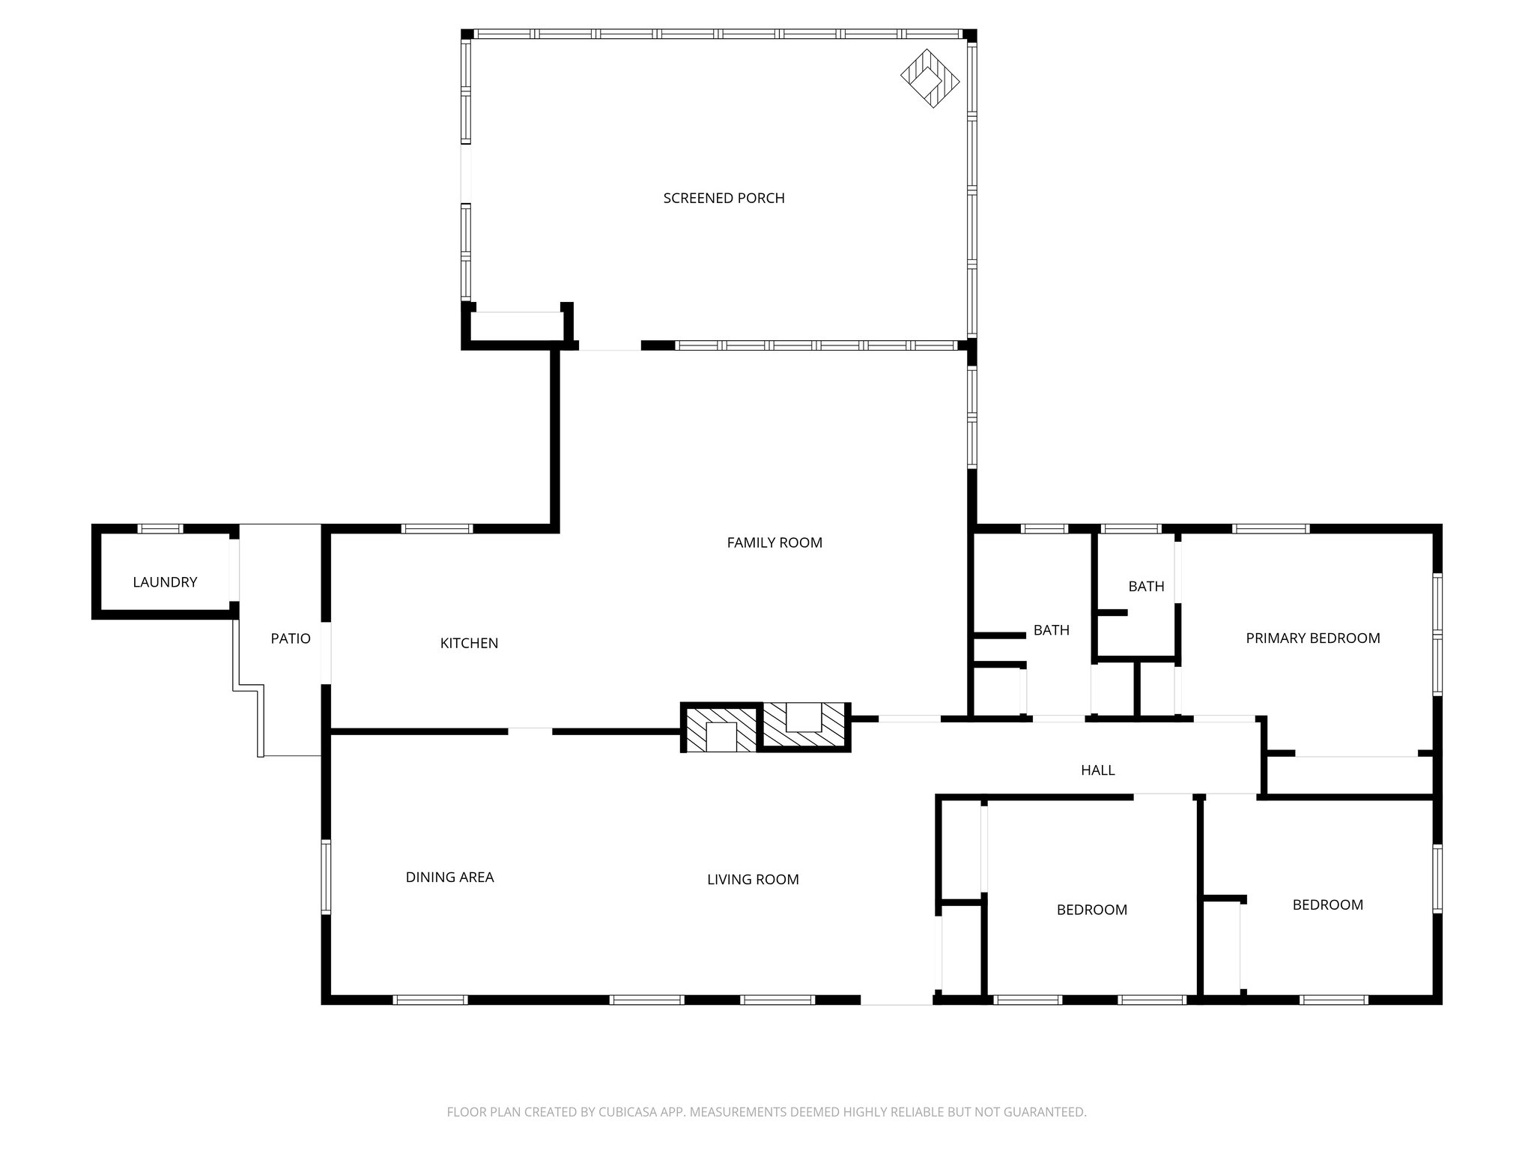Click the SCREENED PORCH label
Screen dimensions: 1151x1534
click(x=724, y=198)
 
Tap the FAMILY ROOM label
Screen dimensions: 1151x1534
click(x=774, y=543)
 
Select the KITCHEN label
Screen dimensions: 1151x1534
click(x=469, y=643)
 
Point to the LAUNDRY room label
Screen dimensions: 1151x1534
click(x=165, y=582)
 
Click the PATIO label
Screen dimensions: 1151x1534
click(x=290, y=638)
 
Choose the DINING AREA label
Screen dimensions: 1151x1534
click(x=449, y=877)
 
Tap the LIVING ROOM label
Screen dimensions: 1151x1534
click(x=753, y=879)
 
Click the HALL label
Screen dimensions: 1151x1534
click(x=1097, y=770)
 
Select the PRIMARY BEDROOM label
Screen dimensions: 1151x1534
click(x=1312, y=638)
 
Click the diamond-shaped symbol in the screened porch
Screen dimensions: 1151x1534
click(x=930, y=78)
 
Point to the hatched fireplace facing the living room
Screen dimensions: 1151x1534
click(x=721, y=729)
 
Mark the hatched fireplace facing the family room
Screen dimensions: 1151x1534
click(x=805, y=724)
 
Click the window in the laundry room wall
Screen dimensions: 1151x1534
click(x=160, y=529)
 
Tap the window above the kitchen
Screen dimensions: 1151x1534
click(x=437, y=529)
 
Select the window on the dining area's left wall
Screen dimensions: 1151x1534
click(x=327, y=877)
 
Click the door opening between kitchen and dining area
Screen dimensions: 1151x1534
click(x=530, y=731)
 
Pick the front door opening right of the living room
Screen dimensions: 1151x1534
click(x=896, y=999)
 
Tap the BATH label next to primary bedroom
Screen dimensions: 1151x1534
click(x=1145, y=586)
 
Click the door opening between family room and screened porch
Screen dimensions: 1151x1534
click(x=610, y=345)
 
